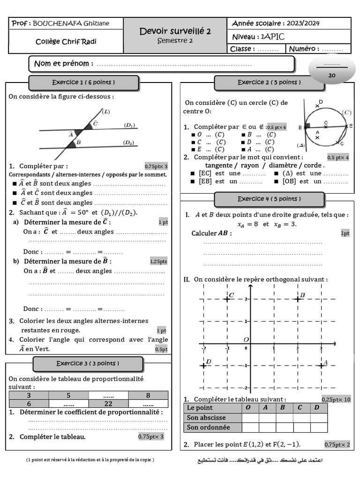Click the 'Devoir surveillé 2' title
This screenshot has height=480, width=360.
tap(175, 31)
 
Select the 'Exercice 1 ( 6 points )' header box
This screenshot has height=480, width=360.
tap(83, 82)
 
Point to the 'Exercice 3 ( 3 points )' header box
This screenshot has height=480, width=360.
tap(88, 363)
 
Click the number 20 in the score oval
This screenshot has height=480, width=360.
tap(332, 75)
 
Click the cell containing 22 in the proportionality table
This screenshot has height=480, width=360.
tap(108, 404)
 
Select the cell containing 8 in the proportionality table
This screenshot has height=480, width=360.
tap(148, 395)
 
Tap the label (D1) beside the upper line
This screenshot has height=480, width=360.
tap(129, 125)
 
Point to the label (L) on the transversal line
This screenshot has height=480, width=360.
tap(106, 112)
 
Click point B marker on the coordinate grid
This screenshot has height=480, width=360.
tap(298, 299)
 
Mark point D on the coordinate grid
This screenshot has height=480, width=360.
tap(204, 365)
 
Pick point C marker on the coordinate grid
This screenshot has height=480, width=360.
tap(227, 299)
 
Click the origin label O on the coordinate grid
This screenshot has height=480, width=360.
tap(246, 339)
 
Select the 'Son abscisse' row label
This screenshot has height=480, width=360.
tap(206, 417)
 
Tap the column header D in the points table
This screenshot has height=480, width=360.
tap(317, 407)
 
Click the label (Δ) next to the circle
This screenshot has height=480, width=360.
tap(300, 145)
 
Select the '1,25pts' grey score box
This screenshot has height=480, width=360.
tap(158, 261)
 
